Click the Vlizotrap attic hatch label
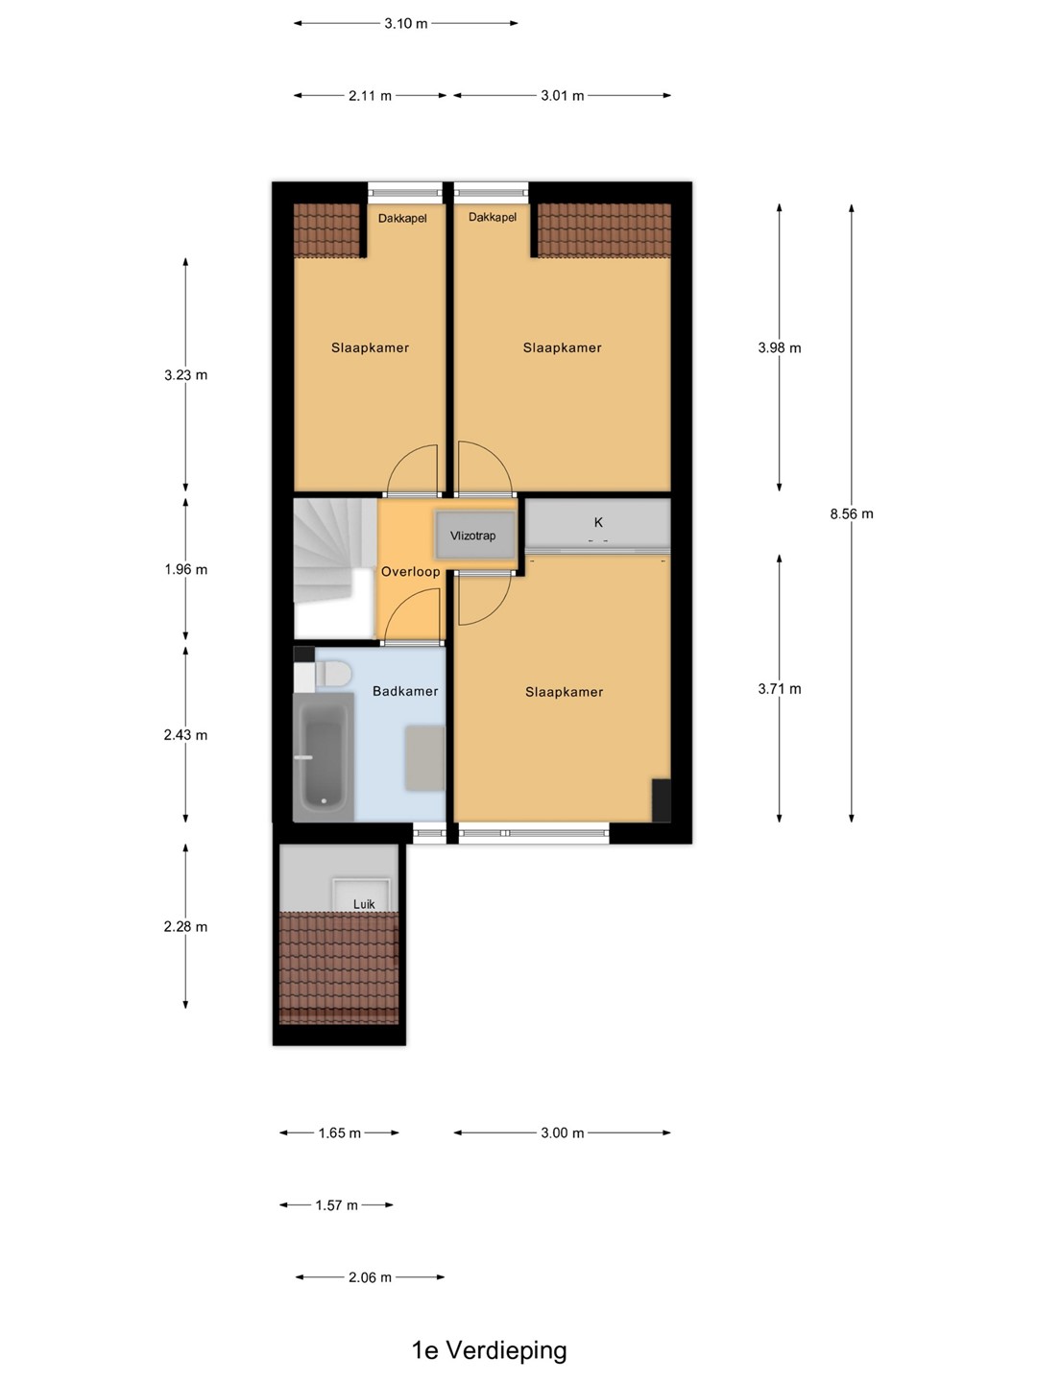(x=472, y=536)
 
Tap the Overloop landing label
(x=411, y=572)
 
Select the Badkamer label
(x=405, y=691)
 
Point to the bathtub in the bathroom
(x=324, y=756)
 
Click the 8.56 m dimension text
(x=852, y=513)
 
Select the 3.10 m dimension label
(x=406, y=23)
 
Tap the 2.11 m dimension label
(x=371, y=96)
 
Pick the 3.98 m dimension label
(x=780, y=347)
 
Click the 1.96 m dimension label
(x=185, y=569)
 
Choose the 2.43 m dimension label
(x=185, y=735)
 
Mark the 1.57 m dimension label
(x=337, y=1205)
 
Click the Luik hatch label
(x=364, y=904)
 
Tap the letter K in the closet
(x=598, y=522)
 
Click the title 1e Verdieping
(x=490, y=1349)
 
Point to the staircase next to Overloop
(x=335, y=568)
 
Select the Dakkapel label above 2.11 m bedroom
(x=402, y=219)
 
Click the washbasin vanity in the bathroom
(x=425, y=757)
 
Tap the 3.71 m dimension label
(x=780, y=689)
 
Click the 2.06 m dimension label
(x=371, y=1277)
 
